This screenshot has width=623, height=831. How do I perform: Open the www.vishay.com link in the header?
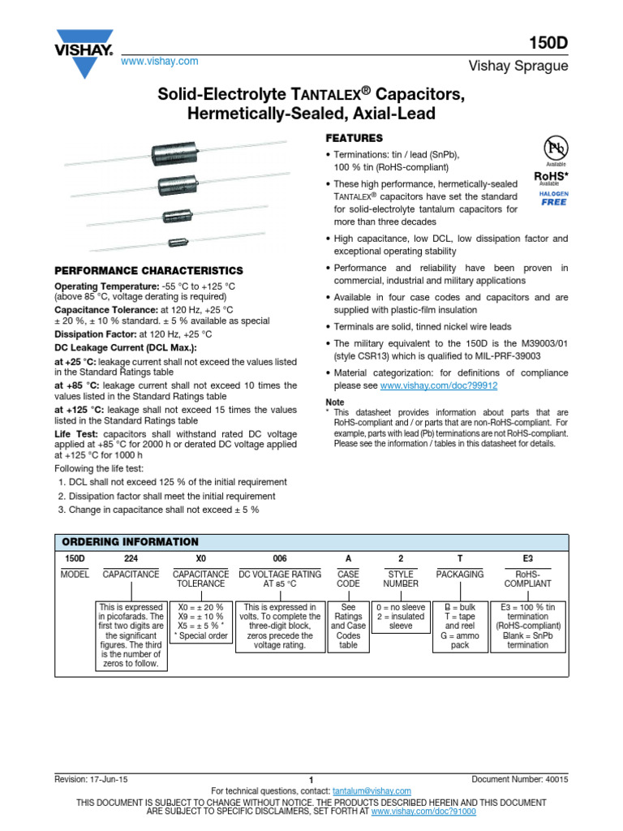pyautogui.click(x=159, y=62)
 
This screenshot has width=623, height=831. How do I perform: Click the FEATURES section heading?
pyautogui.click(x=354, y=138)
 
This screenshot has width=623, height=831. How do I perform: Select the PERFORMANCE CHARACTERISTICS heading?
pyautogui.click(x=148, y=270)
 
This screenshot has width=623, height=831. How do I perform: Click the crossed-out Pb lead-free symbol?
pyautogui.click(x=556, y=149)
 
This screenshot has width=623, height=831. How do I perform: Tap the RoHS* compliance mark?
pyautogui.click(x=550, y=175)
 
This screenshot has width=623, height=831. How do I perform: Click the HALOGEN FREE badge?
pyautogui.click(x=554, y=199)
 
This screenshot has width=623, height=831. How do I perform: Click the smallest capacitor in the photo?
pyautogui.click(x=178, y=241)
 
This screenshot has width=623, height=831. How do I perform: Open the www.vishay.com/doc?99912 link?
pyautogui.click(x=439, y=386)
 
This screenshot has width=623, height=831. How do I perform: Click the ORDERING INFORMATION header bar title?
pyautogui.click(x=130, y=541)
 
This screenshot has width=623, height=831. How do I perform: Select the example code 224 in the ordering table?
pyautogui.click(x=131, y=559)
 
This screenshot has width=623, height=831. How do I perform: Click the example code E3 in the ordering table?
pyautogui.click(x=528, y=559)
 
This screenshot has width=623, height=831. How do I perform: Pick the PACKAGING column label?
pyautogui.click(x=460, y=574)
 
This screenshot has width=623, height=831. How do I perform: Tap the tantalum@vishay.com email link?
pyautogui.click(x=372, y=790)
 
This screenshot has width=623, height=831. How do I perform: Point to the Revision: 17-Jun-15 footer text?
pyautogui.click(x=90, y=778)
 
